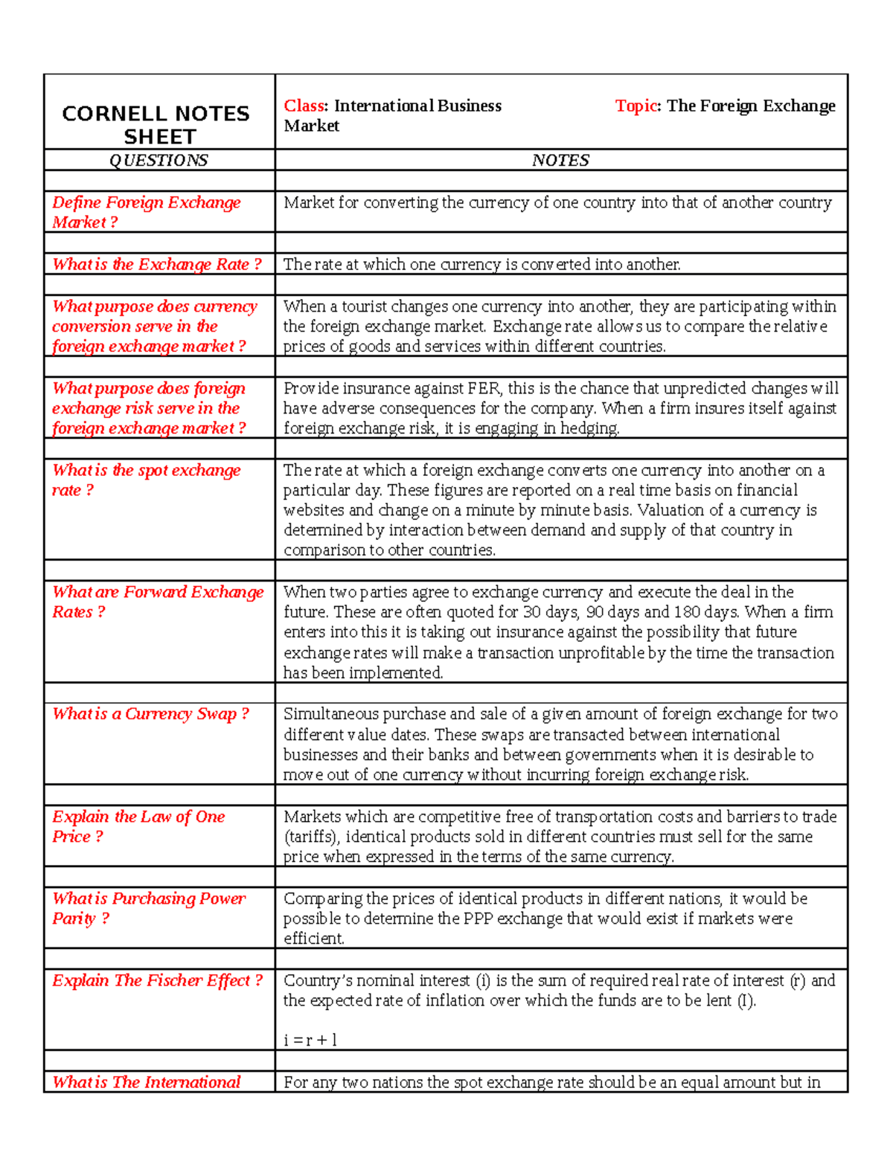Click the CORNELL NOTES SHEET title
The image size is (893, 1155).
tap(156, 125)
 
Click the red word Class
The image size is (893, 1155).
tap(304, 106)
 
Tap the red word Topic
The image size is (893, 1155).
tap(636, 106)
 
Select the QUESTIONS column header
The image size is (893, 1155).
tap(159, 160)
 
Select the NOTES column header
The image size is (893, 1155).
tap(560, 160)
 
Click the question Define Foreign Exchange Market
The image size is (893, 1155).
tap(146, 212)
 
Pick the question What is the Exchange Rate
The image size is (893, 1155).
tap(156, 264)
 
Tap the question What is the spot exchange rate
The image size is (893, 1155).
tap(146, 480)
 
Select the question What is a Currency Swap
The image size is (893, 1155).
tap(150, 714)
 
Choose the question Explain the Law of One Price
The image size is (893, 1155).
tap(138, 826)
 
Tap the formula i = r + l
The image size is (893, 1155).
tap(310, 1040)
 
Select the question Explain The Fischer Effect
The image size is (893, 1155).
tap(157, 980)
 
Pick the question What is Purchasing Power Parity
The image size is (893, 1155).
tap(148, 908)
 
